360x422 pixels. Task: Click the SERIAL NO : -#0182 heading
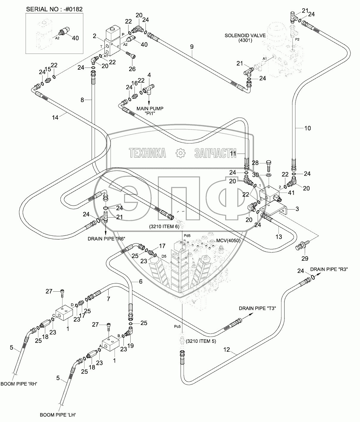pyautogui.click(x=54, y=9)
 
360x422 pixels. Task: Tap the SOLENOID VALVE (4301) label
pyautogui.click(x=245, y=38)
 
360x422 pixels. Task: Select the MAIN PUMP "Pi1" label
pyautogui.click(x=150, y=111)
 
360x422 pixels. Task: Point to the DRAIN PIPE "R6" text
pyautogui.click(x=106, y=239)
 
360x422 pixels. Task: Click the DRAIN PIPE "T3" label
pyautogui.click(x=257, y=308)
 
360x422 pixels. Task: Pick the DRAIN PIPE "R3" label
pyautogui.click(x=329, y=269)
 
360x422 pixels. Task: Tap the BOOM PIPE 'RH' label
pyautogui.click(x=19, y=384)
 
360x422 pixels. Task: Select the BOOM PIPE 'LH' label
pyautogui.click(x=58, y=415)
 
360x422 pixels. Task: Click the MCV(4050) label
pyautogui.click(x=228, y=240)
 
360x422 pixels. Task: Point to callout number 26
pyautogui.click(x=132, y=69)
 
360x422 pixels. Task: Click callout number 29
pyautogui.click(x=305, y=258)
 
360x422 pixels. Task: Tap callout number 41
pyautogui.click(x=291, y=193)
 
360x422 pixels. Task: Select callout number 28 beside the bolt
pyautogui.click(x=255, y=163)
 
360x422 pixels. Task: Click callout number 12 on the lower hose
pyautogui.click(x=226, y=350)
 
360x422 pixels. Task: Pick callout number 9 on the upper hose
pyautogui.click(x=192, y=47)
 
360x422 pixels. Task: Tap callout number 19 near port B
pyautogui.click(x=130, y=346)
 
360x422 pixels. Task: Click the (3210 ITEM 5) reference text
pyautogui.click(x=201, y=341)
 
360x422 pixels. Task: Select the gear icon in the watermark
pyautogui.click(x=180, y=153)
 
